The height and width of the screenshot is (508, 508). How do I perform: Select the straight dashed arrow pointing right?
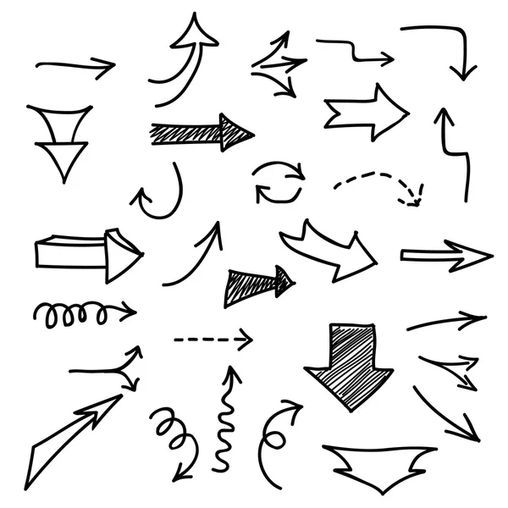tap(212, 340)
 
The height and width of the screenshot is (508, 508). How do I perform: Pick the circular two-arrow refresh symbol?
tap(279, 182)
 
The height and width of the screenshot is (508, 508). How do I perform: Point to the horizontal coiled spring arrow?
tap(80, 314)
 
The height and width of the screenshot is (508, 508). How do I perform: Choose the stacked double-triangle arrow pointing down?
tap(59, 140)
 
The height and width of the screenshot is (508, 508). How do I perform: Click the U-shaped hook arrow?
tap(161, 195)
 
